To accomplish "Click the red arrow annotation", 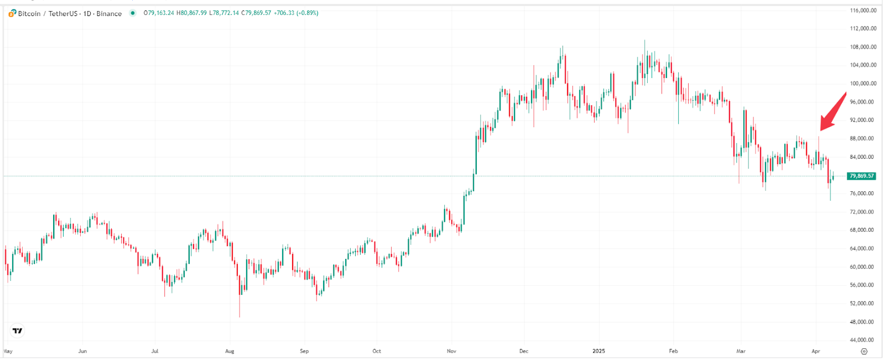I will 832,113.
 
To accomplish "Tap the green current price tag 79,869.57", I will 861,176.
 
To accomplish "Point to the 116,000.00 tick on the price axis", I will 863,11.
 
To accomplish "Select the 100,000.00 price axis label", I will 863,84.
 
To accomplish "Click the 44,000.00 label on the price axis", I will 863,340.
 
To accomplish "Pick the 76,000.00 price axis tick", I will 863,194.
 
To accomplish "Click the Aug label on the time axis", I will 230,351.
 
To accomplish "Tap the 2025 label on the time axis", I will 598,351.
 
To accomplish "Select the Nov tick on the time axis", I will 451,351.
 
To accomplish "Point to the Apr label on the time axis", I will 815,351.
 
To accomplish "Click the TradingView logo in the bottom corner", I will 18,331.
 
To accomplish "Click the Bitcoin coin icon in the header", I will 12,13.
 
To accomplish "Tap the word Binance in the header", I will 109,13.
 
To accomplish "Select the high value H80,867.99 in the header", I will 191,13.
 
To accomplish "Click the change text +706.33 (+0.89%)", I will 296,13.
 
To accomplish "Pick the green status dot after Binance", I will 132,13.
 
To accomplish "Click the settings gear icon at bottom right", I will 864,351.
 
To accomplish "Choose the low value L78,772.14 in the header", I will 224,13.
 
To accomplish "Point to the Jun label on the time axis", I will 82,351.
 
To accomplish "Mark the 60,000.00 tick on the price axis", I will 863,267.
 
